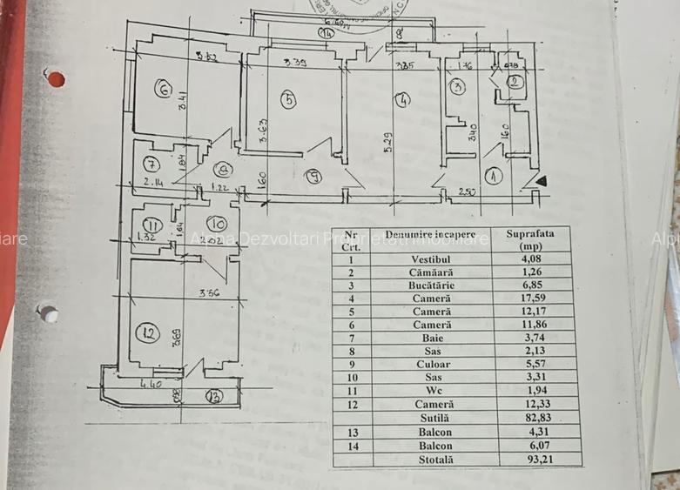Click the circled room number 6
161,87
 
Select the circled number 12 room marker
149,332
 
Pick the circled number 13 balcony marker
213,397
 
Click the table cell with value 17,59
526,297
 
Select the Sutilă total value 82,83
526,418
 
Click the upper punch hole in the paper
56,79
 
